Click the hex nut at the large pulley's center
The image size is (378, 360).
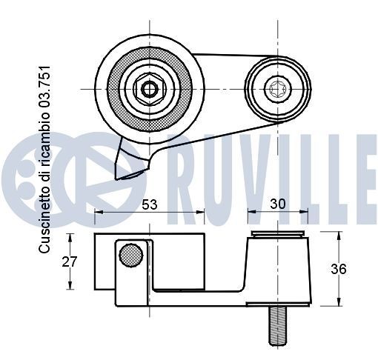click(149, 90)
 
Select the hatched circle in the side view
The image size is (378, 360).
click(131, 254)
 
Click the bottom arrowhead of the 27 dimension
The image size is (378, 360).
click(70, 287)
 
